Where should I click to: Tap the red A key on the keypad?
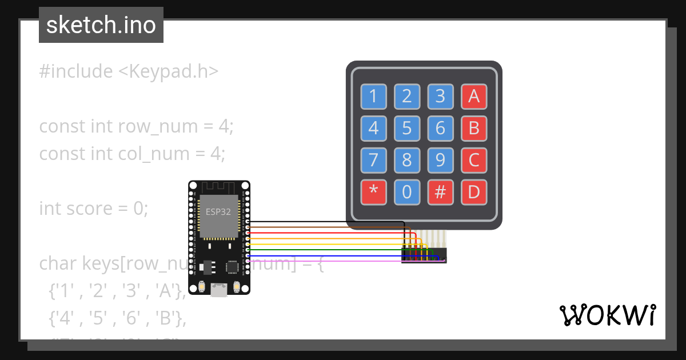point(473,97)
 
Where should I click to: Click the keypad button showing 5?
point(406,128)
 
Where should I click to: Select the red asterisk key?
point(373,192)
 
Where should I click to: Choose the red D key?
point(473,192)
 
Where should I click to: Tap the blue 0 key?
point(406,192)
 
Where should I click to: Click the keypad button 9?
point(440,160)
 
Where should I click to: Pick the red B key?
point(473,128)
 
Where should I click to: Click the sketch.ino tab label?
point(101,25)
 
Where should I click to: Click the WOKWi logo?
point(607,315)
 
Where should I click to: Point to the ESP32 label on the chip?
point(218,211)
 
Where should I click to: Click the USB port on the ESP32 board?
point(218,290)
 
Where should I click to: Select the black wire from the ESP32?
point(326,222)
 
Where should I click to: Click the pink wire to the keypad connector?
point(326,261)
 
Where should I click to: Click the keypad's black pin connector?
point(424,255)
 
